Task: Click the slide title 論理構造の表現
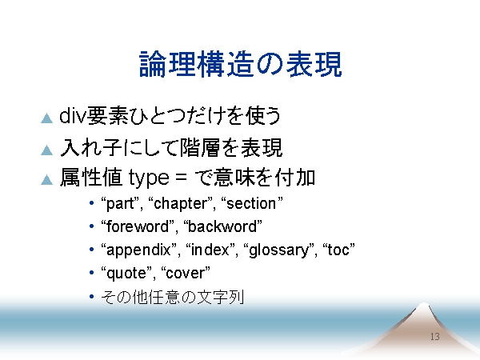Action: coord(240,64)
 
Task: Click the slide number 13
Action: coord(434,337)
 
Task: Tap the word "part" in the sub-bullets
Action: coord(120,204)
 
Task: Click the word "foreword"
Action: coord(138,226)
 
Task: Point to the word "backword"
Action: coord(222,226)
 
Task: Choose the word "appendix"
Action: coord(138,250)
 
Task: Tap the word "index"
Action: coord(210,250)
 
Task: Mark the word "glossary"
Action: coord(279,250)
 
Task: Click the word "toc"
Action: coord(339,250)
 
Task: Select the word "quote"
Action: coord(126,274)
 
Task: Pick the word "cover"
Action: coord(186,274)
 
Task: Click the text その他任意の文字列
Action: coord(172,297)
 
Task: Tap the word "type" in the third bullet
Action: coord(149,178)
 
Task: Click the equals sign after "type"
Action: coord(181,178)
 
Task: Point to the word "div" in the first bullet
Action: coord(72,116)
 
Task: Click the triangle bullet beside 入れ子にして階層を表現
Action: coord(47,150)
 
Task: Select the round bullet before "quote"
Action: coord(91,273)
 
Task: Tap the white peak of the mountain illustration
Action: coord(424,306)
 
